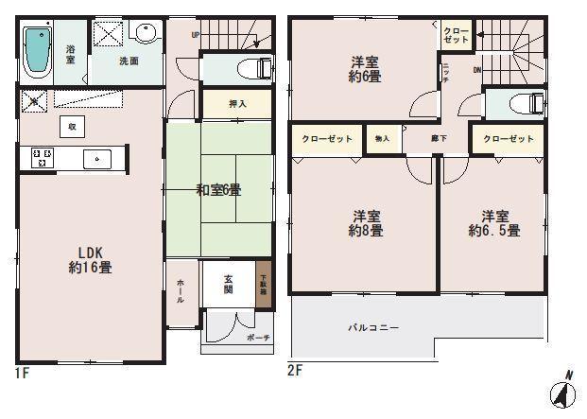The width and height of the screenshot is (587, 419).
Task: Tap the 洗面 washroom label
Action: tap(129, 61)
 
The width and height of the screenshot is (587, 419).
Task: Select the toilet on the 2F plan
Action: tap(527, 102)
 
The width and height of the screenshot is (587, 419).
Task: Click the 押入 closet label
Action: tap(237, 103)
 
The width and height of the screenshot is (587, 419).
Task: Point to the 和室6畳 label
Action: tap(218, 190)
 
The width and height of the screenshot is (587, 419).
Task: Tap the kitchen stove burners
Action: tap(42, 158)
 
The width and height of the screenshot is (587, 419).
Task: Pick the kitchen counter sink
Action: tap(97, 158)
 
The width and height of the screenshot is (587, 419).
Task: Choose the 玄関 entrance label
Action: tap(230, 284)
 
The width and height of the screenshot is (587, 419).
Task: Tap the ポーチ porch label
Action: tap(259, 338)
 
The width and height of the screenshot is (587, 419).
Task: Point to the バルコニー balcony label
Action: tap(372, 327)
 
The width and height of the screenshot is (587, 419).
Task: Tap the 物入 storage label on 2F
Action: tap(383, 139)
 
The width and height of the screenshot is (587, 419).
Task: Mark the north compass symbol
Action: tap(565, 391)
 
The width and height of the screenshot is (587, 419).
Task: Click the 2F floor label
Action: tap(294, 370)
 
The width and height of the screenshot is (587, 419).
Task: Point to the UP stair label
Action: tap(196, 36)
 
